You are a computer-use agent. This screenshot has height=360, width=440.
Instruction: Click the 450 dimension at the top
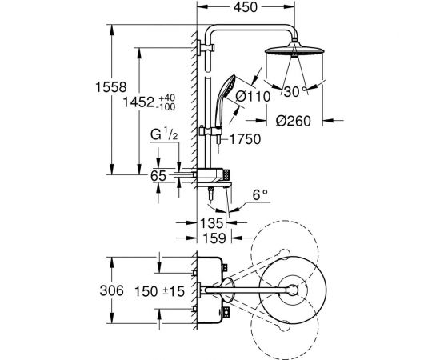(x=246, y=7)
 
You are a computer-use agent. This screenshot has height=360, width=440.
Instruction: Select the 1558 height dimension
(x=111, y=87)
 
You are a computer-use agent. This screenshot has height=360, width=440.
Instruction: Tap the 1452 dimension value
(x=138, y=102)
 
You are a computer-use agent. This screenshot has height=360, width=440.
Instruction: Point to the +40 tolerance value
(x=167, y=98)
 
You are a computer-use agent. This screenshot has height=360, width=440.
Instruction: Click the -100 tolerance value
(x=166, y=107)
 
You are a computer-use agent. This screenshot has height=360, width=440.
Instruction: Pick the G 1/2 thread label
(x=164, y=134)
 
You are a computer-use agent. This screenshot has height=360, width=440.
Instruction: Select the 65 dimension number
(x=158, y=176)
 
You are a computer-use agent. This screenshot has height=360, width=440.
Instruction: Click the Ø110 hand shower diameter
(x=253, y=97)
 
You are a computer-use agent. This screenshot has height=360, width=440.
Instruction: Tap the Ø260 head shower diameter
(x=294, y=122)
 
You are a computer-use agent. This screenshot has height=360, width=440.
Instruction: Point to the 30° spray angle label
(x=295, y=92)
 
